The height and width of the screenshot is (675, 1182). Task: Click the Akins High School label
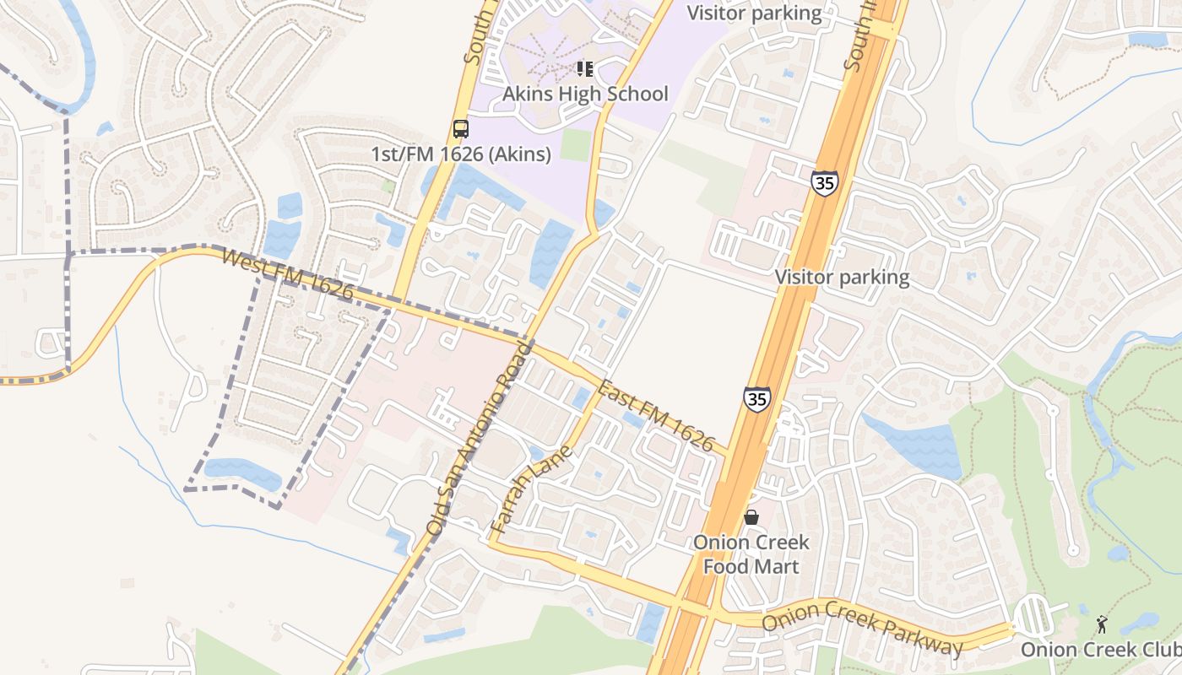click(585, 94)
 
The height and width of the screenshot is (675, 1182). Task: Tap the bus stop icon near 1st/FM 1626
click(460, 129)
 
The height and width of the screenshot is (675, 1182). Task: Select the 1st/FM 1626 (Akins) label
click(461, 154)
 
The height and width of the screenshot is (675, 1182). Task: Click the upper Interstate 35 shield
click(824, 182)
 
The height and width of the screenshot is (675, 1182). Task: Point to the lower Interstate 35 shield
click(757, 399)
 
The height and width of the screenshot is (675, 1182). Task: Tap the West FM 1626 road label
click(287, 273)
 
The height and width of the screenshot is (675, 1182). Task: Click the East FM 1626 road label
click(656, 416)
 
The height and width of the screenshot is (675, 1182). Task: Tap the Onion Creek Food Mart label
click(751, 554)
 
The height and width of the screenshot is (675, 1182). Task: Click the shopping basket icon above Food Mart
click(751, 516)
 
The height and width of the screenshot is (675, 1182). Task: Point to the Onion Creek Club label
click(1100, 650)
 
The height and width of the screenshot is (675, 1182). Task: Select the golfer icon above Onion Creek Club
click(1101, 624)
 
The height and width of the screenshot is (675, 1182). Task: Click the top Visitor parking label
click(754, 13)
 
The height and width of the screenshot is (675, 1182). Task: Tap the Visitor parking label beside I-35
click(842, 277)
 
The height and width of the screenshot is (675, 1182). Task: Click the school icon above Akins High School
click(584, 69)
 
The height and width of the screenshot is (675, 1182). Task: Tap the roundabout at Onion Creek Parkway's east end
click(1033, 617)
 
